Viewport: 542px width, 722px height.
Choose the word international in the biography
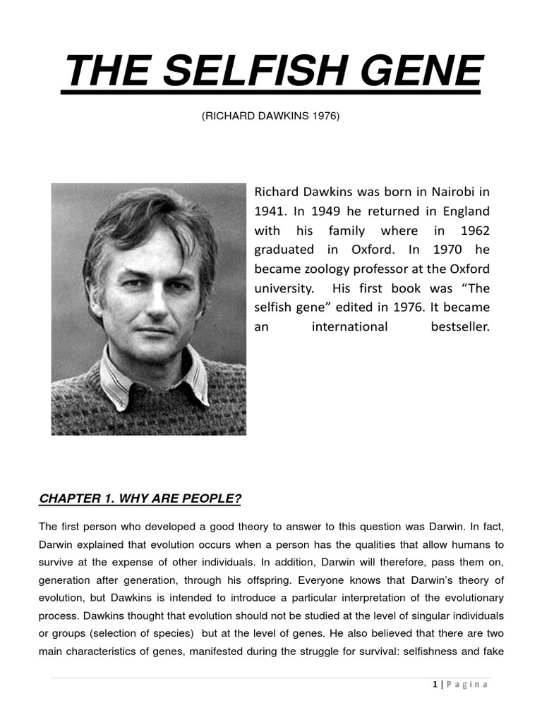click(x=349, y=326)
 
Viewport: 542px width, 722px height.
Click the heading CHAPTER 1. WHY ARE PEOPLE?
click(x=140, y=499)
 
